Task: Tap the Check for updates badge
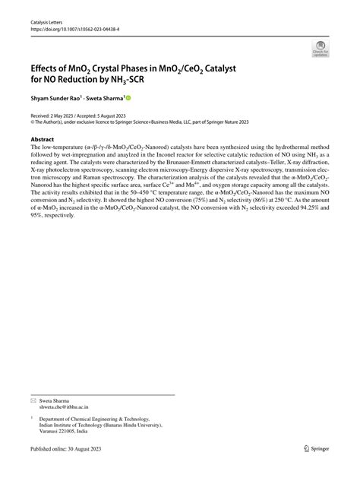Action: [x=320, y=50]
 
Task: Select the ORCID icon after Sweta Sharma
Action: [x=128, y=98]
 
